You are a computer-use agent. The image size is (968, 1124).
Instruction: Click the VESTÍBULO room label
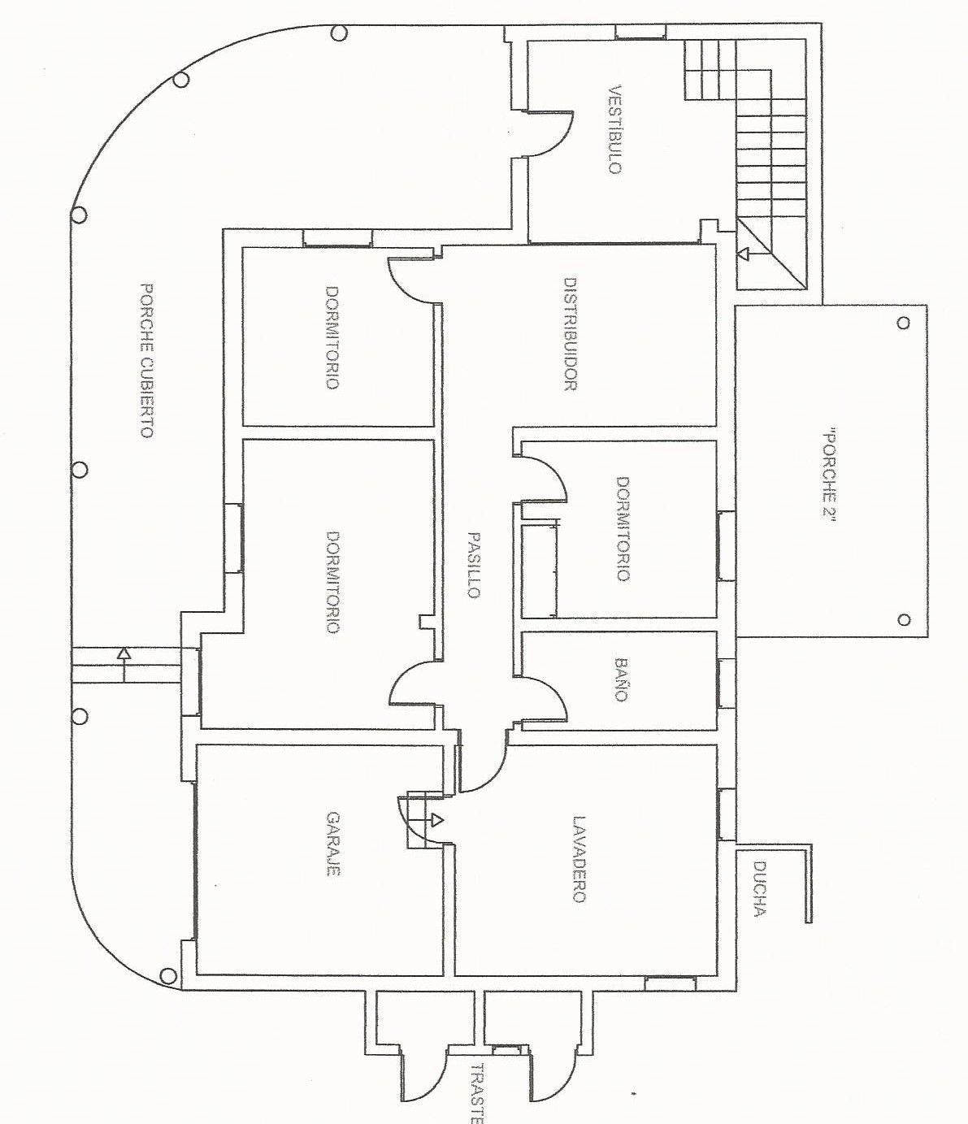(614, 129)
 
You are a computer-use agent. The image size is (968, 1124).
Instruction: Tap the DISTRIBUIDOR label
(570, 335)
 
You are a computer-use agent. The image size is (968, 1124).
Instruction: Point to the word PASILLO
(474, 565)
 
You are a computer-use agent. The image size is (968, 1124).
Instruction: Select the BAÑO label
(622, 679)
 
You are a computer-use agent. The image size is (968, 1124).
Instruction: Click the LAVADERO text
(578, 859)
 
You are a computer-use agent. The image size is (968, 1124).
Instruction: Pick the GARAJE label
(332, 844)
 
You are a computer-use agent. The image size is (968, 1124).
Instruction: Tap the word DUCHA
(759, 889)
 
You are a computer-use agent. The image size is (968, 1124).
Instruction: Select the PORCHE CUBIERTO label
(146, 360)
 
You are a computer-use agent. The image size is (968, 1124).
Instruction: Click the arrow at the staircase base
(742, 254)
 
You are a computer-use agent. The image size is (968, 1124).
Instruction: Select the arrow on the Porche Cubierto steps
(123, 653)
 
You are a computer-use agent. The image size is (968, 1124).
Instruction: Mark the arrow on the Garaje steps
(437, 818)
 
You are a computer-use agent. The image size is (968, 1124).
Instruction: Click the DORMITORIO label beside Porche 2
(623, 528)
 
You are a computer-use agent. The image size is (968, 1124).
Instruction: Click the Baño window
(726, 682)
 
